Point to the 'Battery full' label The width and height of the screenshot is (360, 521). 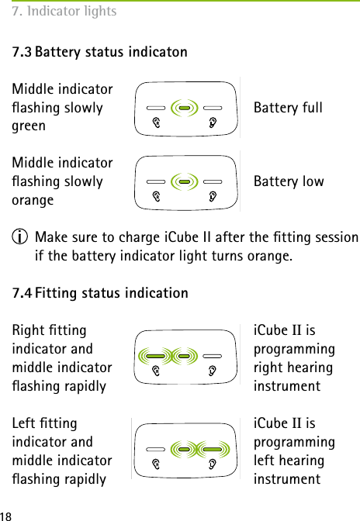tap(288, 107)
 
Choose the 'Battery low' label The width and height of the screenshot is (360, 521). tap(289, 181)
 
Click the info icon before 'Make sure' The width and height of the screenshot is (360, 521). tap(19, 236)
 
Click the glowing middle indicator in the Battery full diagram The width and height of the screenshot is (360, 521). tap(185, 107)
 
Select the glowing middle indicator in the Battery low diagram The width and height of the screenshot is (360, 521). tap(185, 181)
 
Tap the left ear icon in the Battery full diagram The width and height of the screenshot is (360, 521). tap(156, 122)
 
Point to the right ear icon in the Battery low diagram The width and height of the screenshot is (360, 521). tap(213, 197)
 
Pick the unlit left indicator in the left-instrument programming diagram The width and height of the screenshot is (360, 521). tap(156, 449)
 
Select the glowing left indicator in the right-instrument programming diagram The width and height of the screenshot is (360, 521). tap(156, 357)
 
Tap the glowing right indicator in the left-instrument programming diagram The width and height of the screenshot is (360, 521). tap(212, 449)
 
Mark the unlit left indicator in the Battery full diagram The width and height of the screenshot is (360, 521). tap(156, 107)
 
